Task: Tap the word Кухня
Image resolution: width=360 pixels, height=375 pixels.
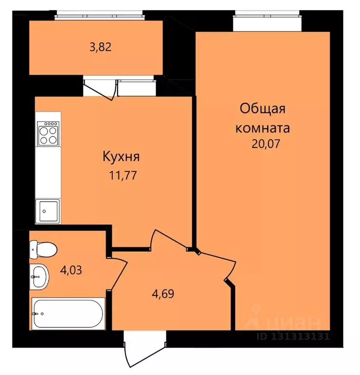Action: tap(121, 157)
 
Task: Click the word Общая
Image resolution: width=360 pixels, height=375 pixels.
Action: tap(262, 108)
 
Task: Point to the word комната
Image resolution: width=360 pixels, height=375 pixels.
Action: tap(262, 128)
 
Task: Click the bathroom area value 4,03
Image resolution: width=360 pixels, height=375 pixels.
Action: tap(71, 269)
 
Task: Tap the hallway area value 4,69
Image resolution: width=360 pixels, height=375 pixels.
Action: tap(163, 294)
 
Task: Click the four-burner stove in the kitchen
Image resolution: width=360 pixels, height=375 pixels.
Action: tap(48, 133)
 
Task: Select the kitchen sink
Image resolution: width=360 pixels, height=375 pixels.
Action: tap(47, 210)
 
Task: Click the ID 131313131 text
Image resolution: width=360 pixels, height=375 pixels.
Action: tap(293, 336)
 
